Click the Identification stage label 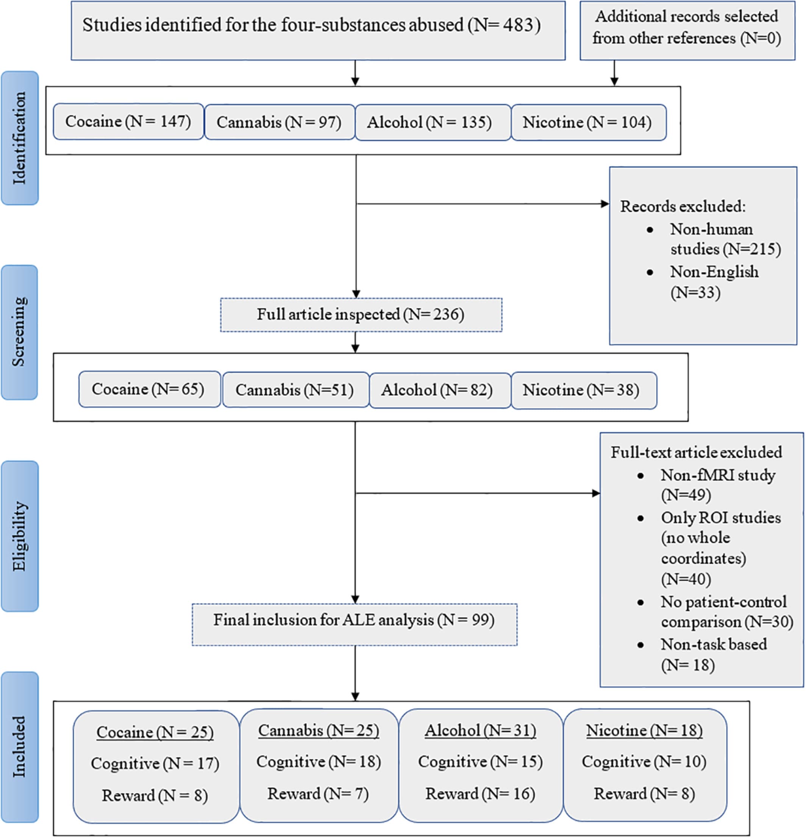[20, 138]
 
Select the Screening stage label [20, 332]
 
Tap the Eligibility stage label [20, 536]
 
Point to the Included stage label [20, 746]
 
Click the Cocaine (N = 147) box [128, 122]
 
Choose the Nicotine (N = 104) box [588, 122]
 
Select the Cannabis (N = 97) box [280, 122]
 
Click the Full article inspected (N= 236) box [361, 315]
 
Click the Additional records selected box [687, 28]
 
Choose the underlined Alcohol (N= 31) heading [480, 730]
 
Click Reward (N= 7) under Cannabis [318, 794]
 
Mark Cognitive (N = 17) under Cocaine [155, 763]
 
